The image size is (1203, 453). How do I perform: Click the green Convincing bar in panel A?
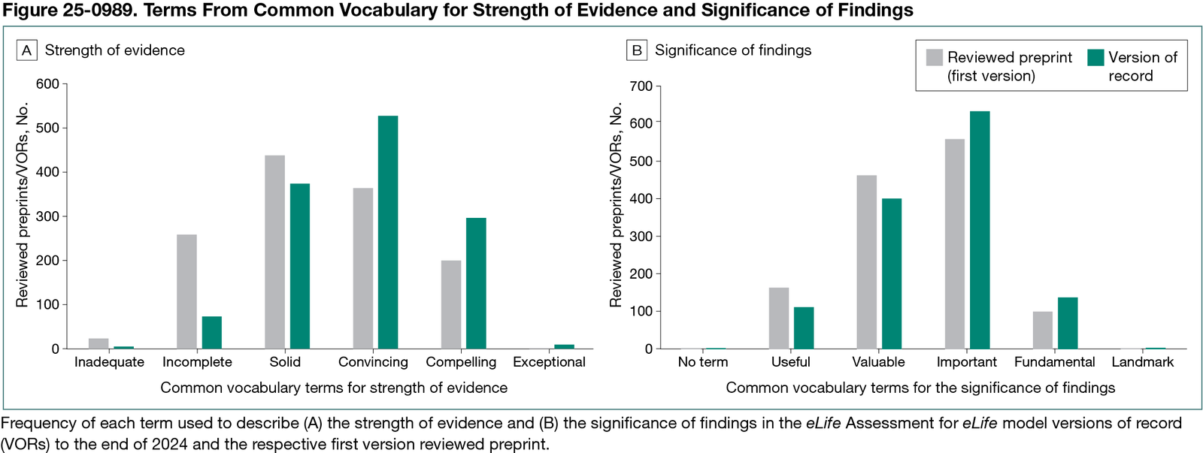388,232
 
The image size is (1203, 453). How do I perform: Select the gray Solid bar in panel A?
275,252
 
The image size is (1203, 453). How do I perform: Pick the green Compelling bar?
476,283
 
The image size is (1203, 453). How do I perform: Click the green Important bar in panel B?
980,230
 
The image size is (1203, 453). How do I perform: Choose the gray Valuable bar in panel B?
866,262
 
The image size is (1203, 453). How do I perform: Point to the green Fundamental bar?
1068,323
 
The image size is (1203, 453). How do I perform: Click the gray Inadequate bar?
98,343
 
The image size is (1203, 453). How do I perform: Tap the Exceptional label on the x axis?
549,362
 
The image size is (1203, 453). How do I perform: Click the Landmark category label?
1142,362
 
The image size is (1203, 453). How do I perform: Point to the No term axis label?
703,362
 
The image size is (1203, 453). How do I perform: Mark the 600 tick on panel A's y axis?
47,84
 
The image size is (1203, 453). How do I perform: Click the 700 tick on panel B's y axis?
641,86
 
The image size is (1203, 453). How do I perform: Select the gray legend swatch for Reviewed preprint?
935,58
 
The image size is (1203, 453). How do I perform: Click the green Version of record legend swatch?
1095,58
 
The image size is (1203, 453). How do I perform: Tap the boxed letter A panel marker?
27,50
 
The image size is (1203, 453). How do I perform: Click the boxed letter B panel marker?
637,50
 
